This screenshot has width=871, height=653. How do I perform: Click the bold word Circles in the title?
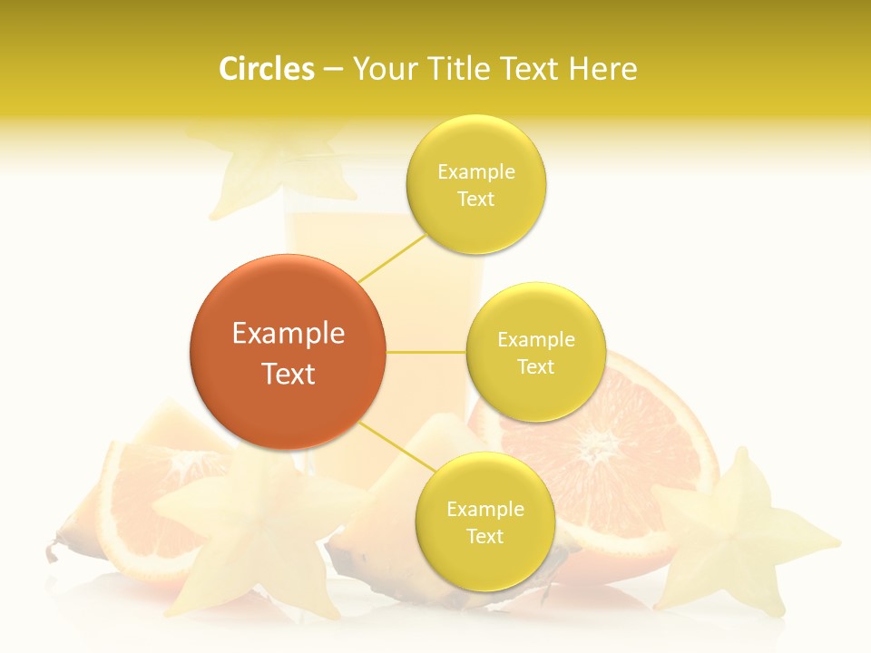[266, 69]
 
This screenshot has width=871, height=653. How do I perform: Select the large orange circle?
[288, 352]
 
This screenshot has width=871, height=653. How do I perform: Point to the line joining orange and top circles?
[392, 258]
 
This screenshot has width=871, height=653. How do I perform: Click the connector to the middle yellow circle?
[426, 352]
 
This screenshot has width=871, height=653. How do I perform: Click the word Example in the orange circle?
[288, 334]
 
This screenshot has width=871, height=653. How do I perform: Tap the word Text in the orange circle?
[288, 374]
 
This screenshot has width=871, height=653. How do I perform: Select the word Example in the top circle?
[475, 172]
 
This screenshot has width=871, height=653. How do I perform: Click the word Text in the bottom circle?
[484, 536]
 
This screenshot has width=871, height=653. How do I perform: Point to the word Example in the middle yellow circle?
[535, 340]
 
